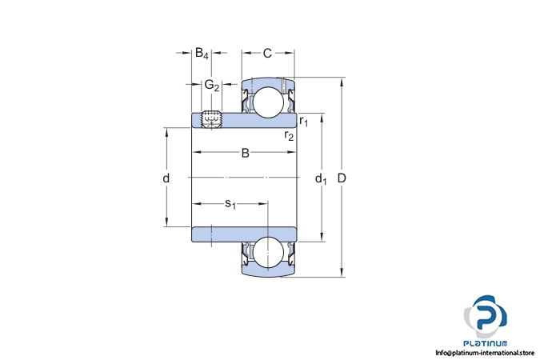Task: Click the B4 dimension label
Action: (202, 54)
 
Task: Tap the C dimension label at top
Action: (267, 54)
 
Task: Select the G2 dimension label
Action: (212, 85)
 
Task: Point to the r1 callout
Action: (304, 122)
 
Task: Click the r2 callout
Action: (289, 135)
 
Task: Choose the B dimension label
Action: (246, 153)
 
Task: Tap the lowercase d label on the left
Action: (166, 178)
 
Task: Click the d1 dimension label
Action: (321, 178)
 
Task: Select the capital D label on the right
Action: (342, 178)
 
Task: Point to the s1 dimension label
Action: (230, 204)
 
